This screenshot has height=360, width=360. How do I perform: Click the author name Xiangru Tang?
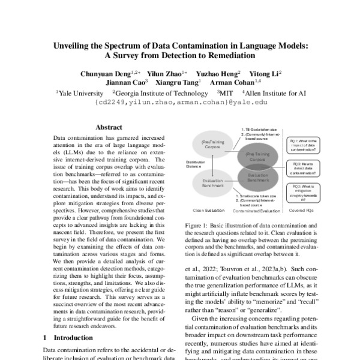pyautogui.click(x=179, y=83)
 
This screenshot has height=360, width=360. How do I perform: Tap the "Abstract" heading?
pyautogui.click(x=109, y=127)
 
